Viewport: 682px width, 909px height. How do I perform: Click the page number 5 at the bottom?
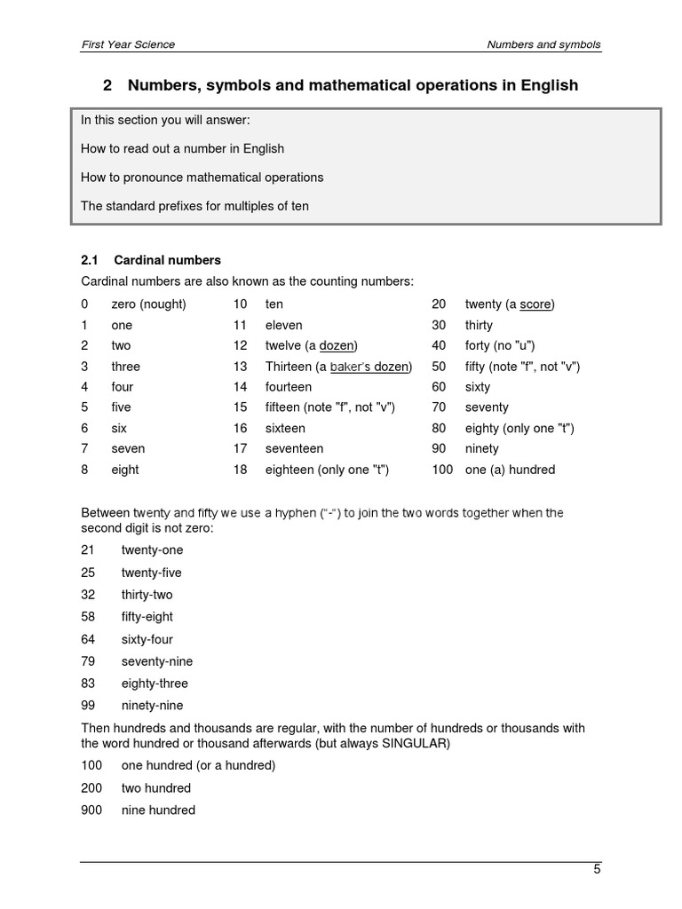(598, 869)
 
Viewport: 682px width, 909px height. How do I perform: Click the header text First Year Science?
(127, 44)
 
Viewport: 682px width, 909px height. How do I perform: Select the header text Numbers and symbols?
(544, 44)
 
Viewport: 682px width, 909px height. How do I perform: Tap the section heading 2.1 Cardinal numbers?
(151, 260)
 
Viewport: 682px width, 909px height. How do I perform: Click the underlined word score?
(535, 304)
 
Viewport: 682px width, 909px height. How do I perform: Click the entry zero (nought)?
(148, 304)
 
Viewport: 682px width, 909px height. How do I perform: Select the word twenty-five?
(151, 573)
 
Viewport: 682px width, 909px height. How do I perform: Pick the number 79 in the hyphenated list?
(88, 661)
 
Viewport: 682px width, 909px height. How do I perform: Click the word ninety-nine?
(152, 706)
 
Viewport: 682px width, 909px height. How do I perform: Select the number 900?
(91, 810)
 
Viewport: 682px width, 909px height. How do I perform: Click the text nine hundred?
(158, 810)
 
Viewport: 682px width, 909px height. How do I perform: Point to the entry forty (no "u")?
(500, 345)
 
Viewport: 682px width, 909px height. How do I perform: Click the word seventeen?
(294, 448)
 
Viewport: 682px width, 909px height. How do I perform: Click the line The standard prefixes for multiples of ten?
(194, 206)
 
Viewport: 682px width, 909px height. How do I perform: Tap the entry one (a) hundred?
(510, 470)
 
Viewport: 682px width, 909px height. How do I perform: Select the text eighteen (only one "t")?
(327, 470)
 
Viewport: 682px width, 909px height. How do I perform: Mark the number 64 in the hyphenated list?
(88, 639)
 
